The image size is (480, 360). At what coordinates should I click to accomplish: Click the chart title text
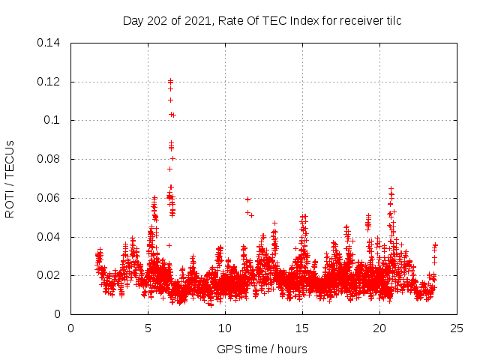click(262, 21)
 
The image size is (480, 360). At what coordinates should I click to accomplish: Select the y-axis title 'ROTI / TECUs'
click(10, 178)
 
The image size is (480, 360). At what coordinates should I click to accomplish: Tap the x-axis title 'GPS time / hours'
click(262, 349)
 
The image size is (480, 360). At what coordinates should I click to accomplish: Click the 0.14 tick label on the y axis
click(49, 43)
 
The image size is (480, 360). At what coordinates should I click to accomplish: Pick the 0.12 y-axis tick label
click(49, 82)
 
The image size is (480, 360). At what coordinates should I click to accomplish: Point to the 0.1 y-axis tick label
click(52, 121)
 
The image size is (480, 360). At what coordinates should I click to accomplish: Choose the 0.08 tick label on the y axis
click(49, 160)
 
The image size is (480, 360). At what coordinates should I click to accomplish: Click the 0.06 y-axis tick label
click(49, 199)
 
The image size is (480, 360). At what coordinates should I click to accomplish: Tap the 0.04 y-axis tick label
click(49, 238)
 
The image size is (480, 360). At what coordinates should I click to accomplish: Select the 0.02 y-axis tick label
click(49, 276)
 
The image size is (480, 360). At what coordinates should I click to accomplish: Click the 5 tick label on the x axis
click(148, 328)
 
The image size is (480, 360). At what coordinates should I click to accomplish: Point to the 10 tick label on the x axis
click(225, 328)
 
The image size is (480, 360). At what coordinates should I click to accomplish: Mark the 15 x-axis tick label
click(302, 328)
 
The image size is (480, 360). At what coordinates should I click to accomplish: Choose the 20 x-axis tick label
click(379, 328)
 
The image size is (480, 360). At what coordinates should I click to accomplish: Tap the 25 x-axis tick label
click(456, 328)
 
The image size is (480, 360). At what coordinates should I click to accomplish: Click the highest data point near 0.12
click(171, 81)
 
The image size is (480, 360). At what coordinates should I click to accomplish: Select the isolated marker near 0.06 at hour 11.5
click(247, 199)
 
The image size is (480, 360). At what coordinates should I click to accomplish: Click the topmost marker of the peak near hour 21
click(391, 189)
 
